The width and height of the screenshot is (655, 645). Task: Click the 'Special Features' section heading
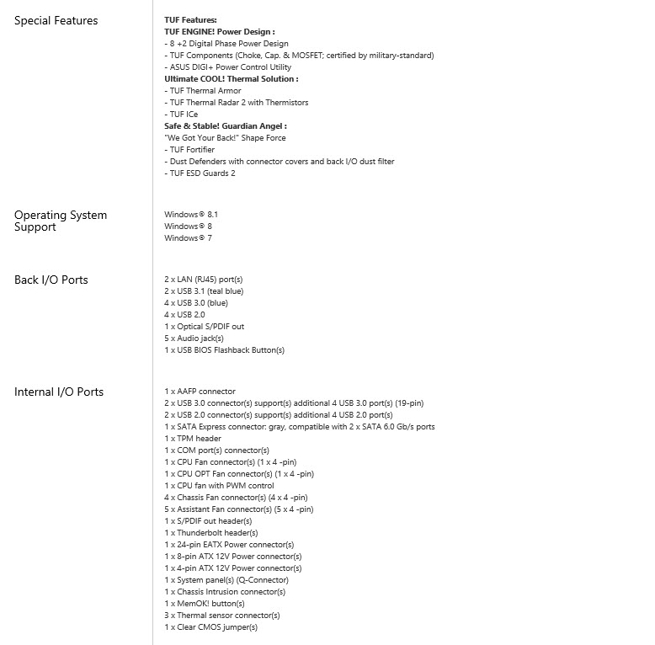(x=56, y=20)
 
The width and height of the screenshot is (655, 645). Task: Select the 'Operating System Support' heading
(x=61, y=221)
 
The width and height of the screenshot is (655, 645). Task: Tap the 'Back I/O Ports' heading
(x=51, y=280)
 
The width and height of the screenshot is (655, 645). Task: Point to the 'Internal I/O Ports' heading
(x=58, y=392)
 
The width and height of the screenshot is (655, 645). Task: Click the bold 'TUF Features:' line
(x=190, y=19)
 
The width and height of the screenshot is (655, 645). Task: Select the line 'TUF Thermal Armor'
(x=203, y=91)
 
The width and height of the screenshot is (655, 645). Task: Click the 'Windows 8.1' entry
(x=191, y=215)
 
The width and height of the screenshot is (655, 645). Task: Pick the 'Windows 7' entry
(x=188, y=238)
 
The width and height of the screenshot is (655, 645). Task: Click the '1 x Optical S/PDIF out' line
(x=205, y=327)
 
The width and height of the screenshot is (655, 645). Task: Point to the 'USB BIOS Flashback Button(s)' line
(x=224, y=350)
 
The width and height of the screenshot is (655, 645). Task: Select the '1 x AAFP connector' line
(x=200, y=392)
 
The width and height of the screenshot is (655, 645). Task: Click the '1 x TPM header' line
(x=193, y=439)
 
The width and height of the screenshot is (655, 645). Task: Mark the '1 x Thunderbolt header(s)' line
(x=210, y=533)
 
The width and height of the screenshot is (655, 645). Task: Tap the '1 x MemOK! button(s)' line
(x=205, y=604)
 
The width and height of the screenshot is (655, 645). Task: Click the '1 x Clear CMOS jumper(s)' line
(x=210, y=627)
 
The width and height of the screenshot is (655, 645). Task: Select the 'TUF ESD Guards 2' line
(x=200, y=173)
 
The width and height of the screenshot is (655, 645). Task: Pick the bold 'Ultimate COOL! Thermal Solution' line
(x=232, y=79)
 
